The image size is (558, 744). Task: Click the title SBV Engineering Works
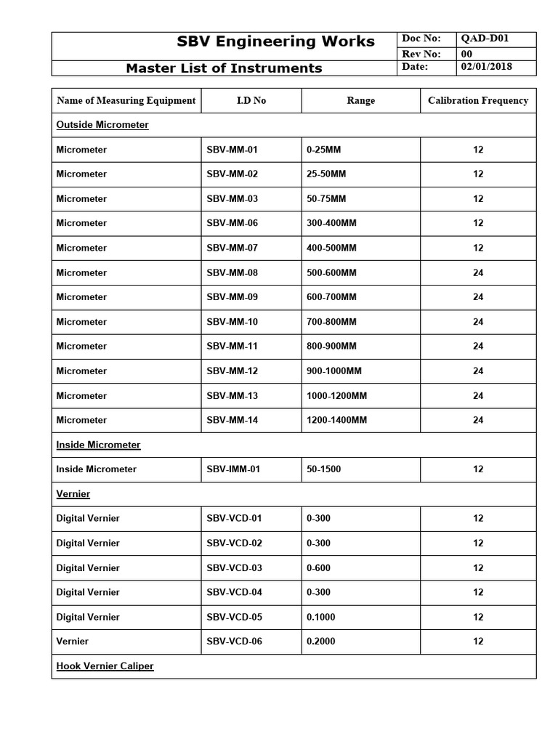click(275, 41)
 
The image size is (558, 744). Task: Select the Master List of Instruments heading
click(224, 68)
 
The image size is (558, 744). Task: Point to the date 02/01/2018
click(487, 67)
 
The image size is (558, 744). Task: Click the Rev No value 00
click(467, 53)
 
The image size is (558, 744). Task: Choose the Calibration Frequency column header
click(478, 101)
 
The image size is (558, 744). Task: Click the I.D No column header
click(251, 101)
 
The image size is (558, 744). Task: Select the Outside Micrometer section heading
click(102, 125)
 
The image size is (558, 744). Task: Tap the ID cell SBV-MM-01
click(232, 150)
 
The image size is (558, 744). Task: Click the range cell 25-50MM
click(327, 174)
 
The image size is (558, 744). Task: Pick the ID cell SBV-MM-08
click(232, 273)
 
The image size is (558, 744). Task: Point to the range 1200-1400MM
click(337, 420)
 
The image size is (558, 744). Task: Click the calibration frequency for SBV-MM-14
click(478, 420)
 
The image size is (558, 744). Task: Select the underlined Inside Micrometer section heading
click(99, 445)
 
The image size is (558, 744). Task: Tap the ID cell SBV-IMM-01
click(233, 469)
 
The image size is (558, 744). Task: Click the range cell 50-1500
click(324, 469)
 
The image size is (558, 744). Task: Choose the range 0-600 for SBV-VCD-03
click(319, 568)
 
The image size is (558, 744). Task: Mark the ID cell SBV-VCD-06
click(234, 642)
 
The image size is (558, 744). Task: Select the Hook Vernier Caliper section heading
click(105, 666)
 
